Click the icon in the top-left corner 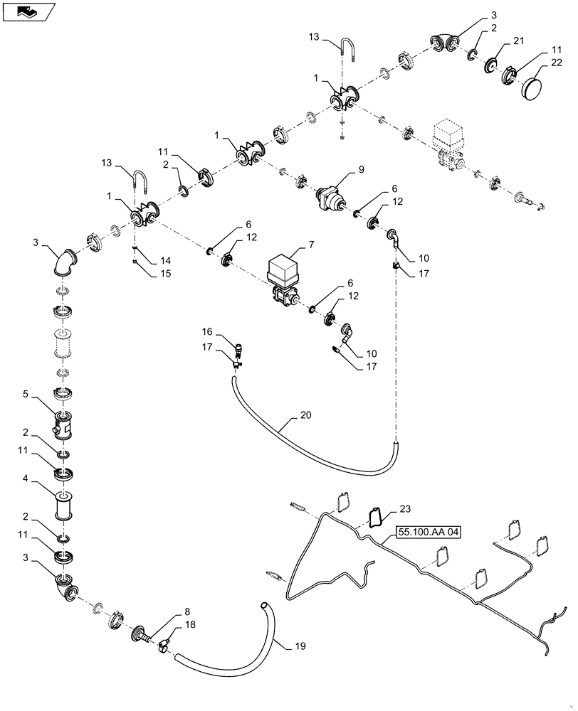click(26, 11)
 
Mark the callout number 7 click(312, 245)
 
